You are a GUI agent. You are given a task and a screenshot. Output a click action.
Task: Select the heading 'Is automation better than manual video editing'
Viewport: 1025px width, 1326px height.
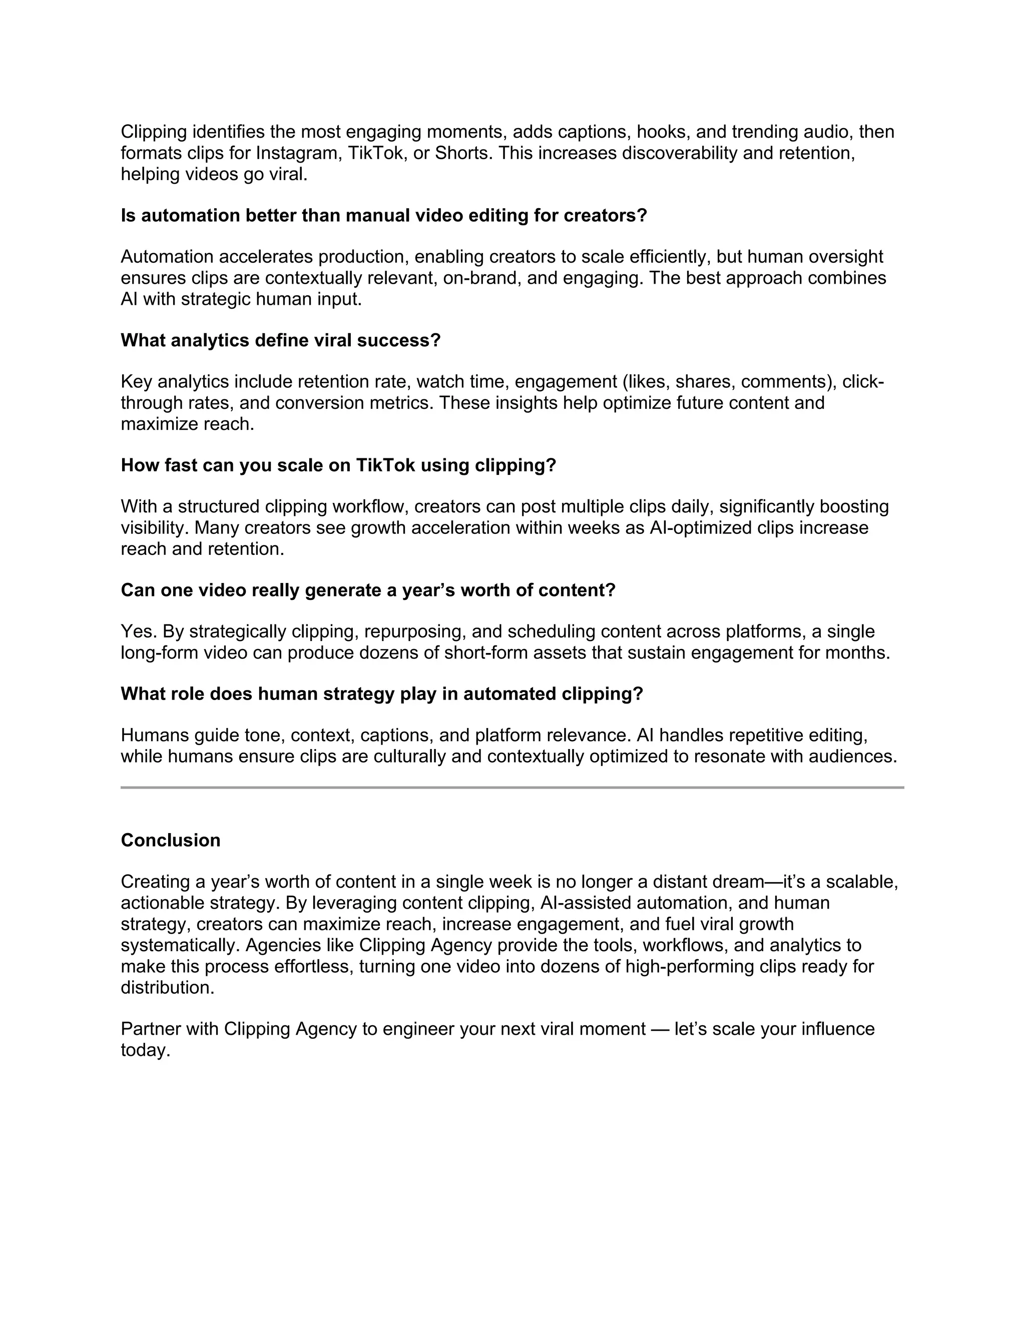[384, 216]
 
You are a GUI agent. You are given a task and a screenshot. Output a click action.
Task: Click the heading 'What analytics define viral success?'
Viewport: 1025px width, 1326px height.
[281, 341]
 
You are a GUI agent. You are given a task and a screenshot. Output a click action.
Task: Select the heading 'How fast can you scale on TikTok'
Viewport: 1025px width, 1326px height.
[338, 466]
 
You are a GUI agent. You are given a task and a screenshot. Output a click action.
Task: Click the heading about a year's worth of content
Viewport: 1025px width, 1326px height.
[368, 590]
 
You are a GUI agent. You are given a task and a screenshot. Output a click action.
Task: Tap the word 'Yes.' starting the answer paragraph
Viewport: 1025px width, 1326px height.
[139, 631]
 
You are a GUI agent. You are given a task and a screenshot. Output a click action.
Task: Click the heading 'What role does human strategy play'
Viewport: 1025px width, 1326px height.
[381, 694]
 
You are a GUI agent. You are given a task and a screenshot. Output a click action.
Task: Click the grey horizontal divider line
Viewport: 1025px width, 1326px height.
[512, 788]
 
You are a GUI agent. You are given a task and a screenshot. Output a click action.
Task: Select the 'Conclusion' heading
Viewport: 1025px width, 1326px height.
[171, 840]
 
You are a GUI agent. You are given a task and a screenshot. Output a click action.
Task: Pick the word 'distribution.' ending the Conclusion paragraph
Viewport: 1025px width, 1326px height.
[168, 987]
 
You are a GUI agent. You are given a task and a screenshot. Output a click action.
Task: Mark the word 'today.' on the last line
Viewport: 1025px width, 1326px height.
[145, 1050]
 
